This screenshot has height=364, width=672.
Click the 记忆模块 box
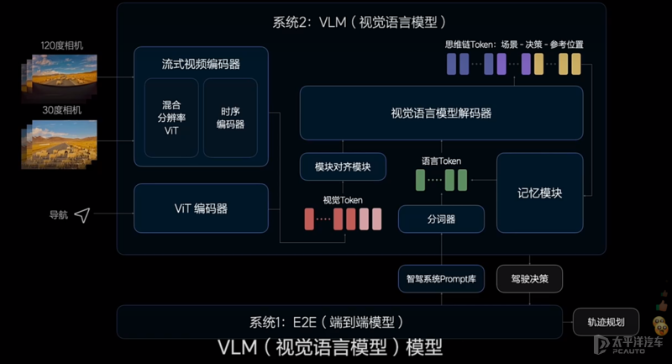[539, 193]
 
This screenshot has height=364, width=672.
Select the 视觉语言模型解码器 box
[441, 113]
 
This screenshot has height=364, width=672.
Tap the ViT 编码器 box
[200, 208]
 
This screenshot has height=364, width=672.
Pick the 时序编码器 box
[230, 118]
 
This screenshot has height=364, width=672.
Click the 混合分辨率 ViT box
[171, 118]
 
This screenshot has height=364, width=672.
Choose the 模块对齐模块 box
[342, 166]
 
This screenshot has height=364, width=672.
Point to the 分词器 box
[441, 219]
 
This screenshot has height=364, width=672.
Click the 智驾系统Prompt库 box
[441, 277]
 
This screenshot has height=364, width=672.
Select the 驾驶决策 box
[529, 277]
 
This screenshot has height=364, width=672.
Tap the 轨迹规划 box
[606, 322]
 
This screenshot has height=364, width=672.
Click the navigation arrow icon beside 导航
[81, 216]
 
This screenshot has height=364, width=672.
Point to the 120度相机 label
[59, 44]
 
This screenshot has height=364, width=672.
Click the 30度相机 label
[59, 110]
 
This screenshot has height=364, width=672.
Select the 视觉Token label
[343, 199]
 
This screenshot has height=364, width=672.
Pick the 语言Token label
[441, 161]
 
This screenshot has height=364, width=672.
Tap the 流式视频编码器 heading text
[201, 64]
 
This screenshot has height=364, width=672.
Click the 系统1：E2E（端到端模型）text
[328, 322]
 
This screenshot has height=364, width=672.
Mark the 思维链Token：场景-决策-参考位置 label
[514, 43]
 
